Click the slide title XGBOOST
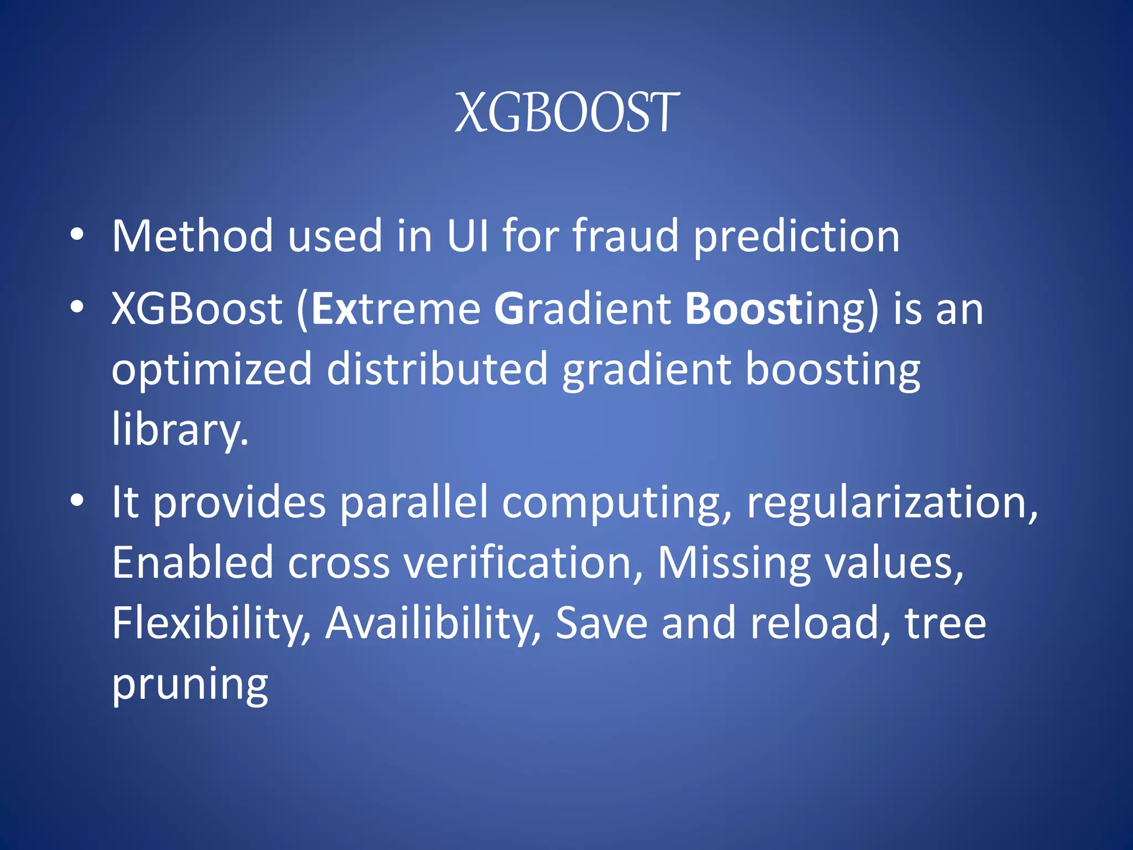566,113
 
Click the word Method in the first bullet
193,236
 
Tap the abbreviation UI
467,236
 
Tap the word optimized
212,370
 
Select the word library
180,429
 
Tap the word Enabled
193,563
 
